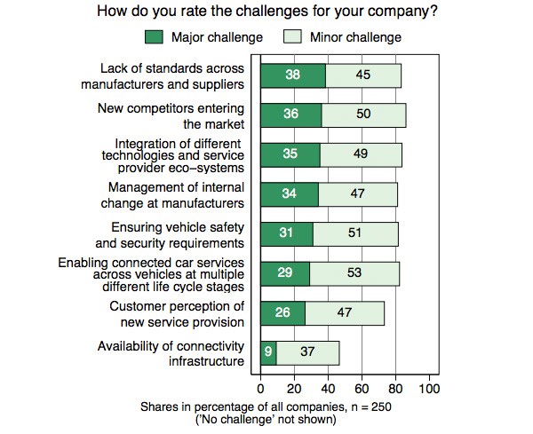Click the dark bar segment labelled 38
point(292,75)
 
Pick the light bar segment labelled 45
point(363,75)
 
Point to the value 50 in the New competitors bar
point(363,115)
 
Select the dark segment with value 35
point(290,154)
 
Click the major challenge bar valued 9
point(267,352)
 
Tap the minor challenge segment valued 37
point(307,352)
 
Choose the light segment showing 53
point(354,273)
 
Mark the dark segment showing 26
point(282,313)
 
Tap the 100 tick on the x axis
point(429,389)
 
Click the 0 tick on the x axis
point(260,389)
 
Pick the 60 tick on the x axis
point(362,389)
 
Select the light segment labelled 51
point(355,234)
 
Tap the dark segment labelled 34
point(289,194)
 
